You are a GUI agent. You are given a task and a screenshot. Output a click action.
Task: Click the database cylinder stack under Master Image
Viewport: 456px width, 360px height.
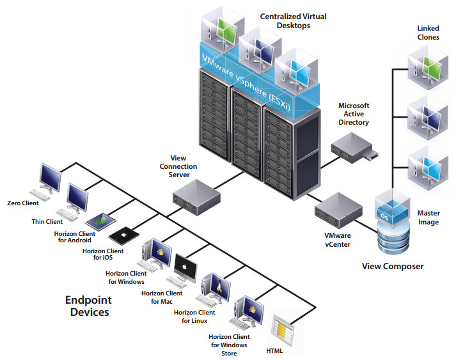(392, 242)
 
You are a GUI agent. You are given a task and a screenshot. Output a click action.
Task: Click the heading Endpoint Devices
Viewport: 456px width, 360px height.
(88, 306)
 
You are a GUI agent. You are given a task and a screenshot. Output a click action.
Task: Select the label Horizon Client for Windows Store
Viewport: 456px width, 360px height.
(229, 345)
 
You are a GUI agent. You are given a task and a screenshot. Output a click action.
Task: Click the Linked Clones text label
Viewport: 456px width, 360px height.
(428, 33)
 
